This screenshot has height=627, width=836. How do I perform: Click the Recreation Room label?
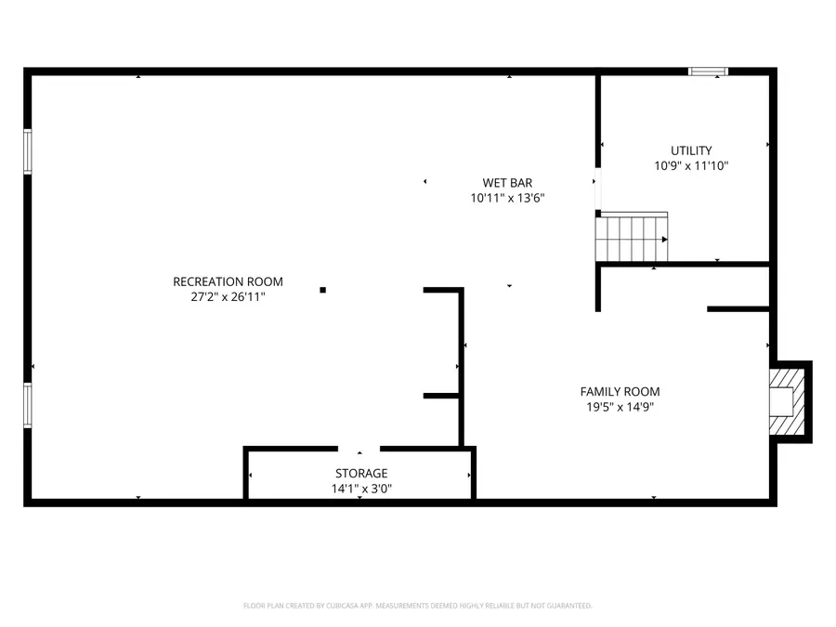tap(228, 281)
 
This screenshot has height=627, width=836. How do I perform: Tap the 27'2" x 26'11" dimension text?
tap(228, 296)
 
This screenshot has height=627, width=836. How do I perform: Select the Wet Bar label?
tap(506, 183)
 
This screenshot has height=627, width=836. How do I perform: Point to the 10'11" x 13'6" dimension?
tap(506, 198)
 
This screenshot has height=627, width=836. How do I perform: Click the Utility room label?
tap(691, 150)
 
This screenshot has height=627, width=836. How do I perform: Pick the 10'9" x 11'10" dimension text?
tap(691, 165)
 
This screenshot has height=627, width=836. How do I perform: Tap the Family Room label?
tap(620, 392)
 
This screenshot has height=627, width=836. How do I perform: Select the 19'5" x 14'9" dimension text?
tap(620, 407)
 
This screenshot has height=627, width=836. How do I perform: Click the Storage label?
tap(361, 473)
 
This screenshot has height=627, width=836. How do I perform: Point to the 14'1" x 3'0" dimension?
tap(361, 489)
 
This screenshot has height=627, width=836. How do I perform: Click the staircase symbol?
tap(631, 238)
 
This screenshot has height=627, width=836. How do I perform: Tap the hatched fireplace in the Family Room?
tap(788, 400)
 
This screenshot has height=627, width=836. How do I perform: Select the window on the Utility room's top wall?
tap(708, 72)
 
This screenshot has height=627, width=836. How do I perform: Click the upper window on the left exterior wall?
tap(28, 151)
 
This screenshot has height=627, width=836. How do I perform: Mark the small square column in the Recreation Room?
tap(322, 290)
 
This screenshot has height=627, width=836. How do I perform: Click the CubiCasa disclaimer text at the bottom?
tap(417, 606)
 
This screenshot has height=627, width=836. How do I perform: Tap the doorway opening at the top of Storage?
tap(360, 450)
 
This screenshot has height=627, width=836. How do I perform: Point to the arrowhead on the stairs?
tap(663, 239)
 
